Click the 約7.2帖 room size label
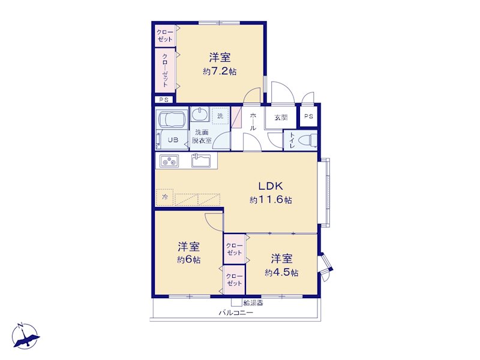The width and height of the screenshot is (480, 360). pyautogui.click(x=220, y=71)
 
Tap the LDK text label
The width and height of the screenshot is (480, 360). pyautogui.click(x=271, y=186)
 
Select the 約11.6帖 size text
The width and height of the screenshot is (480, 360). pyautogui.click(x=271, y=200)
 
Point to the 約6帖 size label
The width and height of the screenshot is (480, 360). pyautogui.click(x=189, y=260)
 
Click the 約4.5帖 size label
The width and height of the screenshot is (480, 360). pyautogui.click(x=281, y=272)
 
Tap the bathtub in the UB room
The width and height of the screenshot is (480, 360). pyautogui.click(x=172, y=119)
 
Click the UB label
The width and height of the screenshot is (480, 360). pyautogui.click(x=173, y=140)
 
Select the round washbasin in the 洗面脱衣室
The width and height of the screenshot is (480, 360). pyautogui.click(x=200, y=114)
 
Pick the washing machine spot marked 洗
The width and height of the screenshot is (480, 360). pyautogui.click(x=220, y=116)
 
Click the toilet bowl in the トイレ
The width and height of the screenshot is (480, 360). pyautogui.click(x=308, y=140)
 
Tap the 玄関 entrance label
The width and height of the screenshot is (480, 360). pyautogui.click(x=281, y=117)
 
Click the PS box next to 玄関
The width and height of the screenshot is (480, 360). pyautogui.click(x=308, y=116)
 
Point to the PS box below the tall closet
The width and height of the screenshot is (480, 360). pyautogui.click(x=164, y=100)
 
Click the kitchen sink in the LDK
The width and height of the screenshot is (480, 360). pyautogui.click(x=201, y=160)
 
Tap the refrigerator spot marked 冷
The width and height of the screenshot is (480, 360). pyautogui.click(x=164, y=197)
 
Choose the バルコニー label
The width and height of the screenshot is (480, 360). pyautogui.click(x=236, y=313)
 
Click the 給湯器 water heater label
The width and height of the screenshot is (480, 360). pyautogui.click(x=253, y=303)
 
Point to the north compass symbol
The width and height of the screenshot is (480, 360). pyautogui.click(x=25, y=336)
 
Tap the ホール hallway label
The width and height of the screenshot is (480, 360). pyautogui.click(x=253, y=122)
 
